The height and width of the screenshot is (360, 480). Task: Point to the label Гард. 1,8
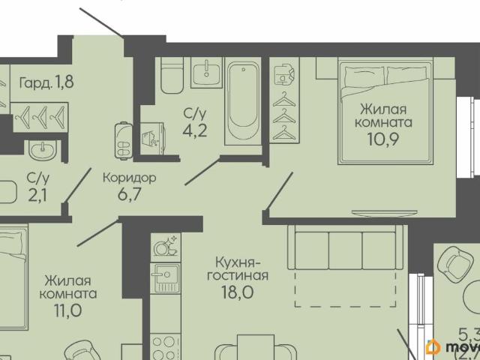[47, 82]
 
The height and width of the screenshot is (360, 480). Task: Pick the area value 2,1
[35, 195]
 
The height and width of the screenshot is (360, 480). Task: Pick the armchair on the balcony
[454, 265]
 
